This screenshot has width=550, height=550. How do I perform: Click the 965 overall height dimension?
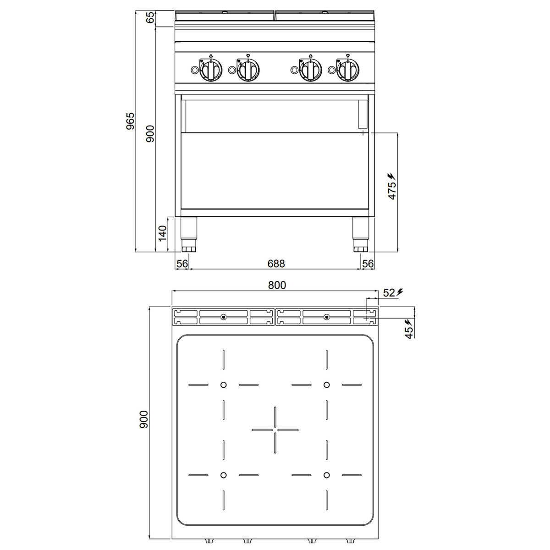click(x=130, y=121)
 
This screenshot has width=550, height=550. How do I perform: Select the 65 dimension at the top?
click(x=151, y=18)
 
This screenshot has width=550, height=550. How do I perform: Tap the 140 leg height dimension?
click(x=162, y=233)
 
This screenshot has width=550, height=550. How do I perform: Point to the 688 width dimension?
click(x=276, y=264)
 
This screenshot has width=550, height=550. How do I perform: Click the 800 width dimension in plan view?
click(x=277, y=285)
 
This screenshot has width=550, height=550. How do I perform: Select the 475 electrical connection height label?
click(x=392, y=190)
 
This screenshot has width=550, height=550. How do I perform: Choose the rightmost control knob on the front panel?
click(x=347, y=70)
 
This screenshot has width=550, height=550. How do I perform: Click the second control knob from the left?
click(x=248, y=70)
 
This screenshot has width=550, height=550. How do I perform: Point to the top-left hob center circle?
click(x=224, y=385)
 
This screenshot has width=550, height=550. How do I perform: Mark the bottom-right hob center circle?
click(x=326, y=475)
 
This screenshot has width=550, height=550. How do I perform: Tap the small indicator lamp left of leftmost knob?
click(x=194, y=70)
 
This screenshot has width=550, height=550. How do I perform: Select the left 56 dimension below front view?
click(x=182, y=264)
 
